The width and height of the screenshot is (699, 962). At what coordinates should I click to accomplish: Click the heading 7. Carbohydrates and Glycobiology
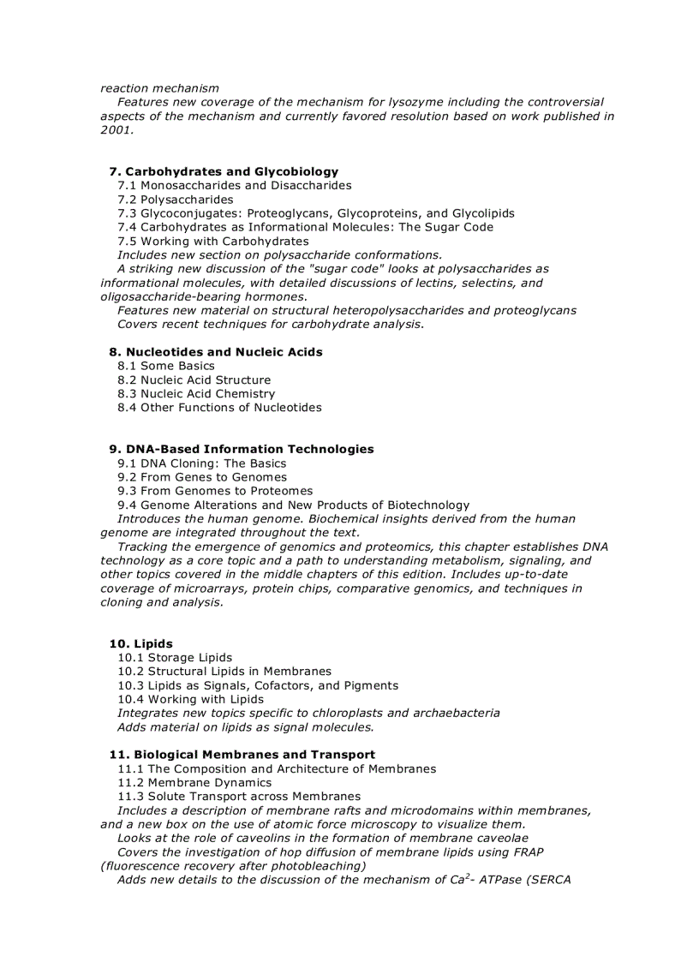[x=224, y=171]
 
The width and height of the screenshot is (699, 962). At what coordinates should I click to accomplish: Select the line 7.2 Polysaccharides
[x=175, y=200]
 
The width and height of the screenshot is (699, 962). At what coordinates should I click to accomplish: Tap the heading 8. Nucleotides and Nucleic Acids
[x=216, y=352]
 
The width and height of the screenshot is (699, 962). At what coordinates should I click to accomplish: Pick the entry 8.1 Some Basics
[x=166, y=366]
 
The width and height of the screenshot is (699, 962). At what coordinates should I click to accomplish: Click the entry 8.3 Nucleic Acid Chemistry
[x=196, y=394]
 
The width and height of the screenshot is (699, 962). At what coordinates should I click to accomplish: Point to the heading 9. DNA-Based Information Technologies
[x=242, y=449]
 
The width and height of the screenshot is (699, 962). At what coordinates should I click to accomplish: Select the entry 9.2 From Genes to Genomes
[x=202, y=477]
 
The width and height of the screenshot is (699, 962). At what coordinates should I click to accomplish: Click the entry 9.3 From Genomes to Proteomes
[x=215, y=491]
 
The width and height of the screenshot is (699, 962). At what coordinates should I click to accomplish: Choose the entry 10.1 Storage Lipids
[x=175, y=658]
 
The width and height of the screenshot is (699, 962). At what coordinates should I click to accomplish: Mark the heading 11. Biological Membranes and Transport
[x=242, y=755]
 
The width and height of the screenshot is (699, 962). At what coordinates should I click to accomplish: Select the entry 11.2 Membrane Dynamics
[x=194, y=782]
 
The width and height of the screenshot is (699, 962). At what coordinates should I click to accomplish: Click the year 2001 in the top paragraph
[x=116, y=130]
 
